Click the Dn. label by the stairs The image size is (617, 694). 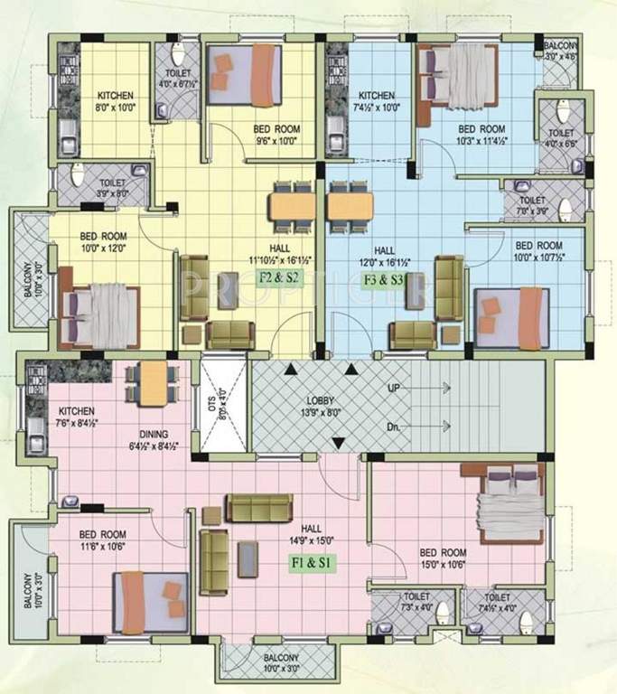click(x=393, y=426)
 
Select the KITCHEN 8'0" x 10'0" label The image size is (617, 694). click(x=116, y=100)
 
